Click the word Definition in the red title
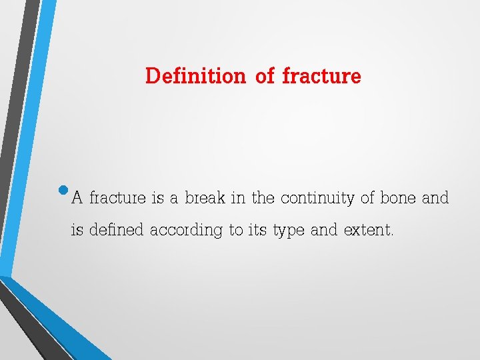[x=195, y=76]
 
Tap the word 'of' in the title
[x=265, y=76]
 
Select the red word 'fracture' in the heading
[x=321, y=76]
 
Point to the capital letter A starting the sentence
[x=77, y=198]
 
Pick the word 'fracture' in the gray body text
[x=117, y=198]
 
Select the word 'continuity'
[x=317, y=199]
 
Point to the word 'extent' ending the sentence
[x=369, y=231]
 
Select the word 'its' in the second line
[x=257, y=231]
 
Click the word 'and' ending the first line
[x=435, y=198]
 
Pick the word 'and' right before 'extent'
[x=324, y=231]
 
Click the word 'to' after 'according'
[x=235, y=231]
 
